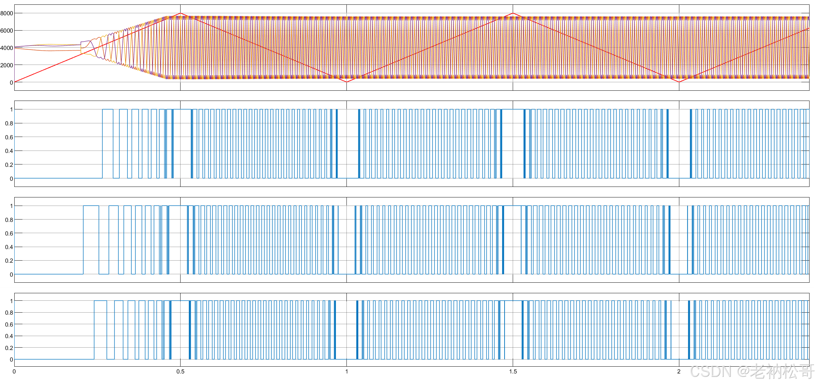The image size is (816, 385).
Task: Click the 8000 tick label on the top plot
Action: point(6,13)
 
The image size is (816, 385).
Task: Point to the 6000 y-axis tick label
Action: point(6,31)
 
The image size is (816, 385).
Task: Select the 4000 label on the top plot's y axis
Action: point(6,48)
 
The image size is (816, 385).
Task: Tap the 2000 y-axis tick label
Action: point(6,65)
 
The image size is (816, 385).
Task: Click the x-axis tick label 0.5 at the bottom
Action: point(180,371)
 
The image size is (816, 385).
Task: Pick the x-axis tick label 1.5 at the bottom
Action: point(513,371)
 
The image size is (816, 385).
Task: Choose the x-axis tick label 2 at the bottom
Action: point(679,371)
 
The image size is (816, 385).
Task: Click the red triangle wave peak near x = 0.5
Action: point(181,14)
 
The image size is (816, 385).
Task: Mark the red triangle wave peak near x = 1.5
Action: point(513,14)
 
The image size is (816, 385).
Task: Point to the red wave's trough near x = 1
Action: point(346,82)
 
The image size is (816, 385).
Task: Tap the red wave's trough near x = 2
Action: point(679,82)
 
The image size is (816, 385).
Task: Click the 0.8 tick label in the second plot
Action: point(9,123)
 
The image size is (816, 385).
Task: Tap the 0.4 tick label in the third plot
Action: point(9,247)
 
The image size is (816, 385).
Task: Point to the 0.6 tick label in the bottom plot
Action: point(9,325)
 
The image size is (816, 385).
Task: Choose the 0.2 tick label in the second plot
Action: point(9,165)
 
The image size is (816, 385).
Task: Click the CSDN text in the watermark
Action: point(710,371)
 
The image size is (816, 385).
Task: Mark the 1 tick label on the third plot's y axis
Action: point(11,206)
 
